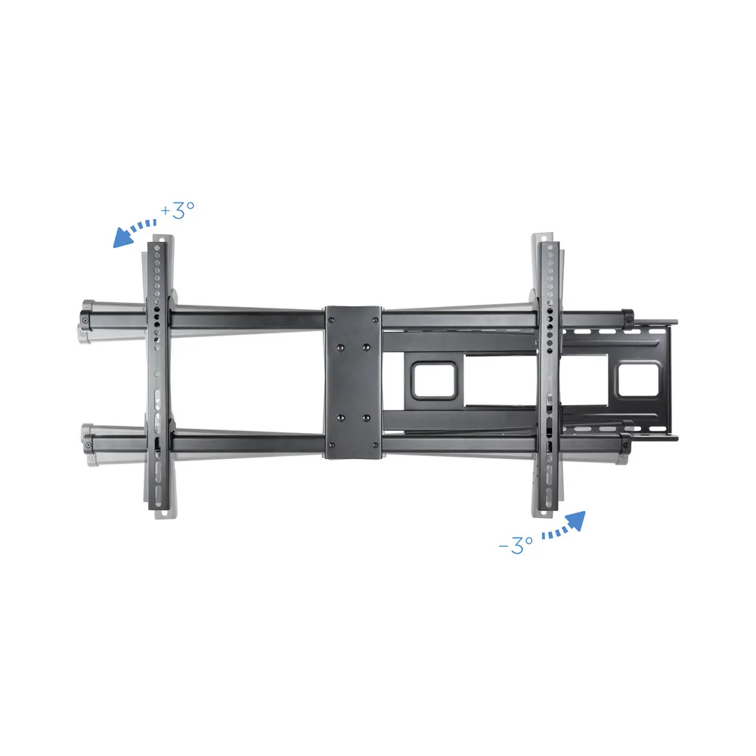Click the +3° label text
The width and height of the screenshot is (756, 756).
click(178, 210)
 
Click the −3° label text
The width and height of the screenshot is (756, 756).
click(516, 545)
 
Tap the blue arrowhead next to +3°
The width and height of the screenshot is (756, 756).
click(123, 238)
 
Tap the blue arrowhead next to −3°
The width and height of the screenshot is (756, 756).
click(575, 521)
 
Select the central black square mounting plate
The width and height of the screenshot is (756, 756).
click(353, 382)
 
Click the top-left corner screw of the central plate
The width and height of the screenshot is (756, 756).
click(331, 319)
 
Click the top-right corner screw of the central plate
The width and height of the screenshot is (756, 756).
click(375, 319)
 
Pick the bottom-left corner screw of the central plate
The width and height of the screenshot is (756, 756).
click(331, 445)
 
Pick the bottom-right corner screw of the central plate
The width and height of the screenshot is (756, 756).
click(375, 445)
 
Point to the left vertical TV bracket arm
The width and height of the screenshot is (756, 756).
click(159, 376)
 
